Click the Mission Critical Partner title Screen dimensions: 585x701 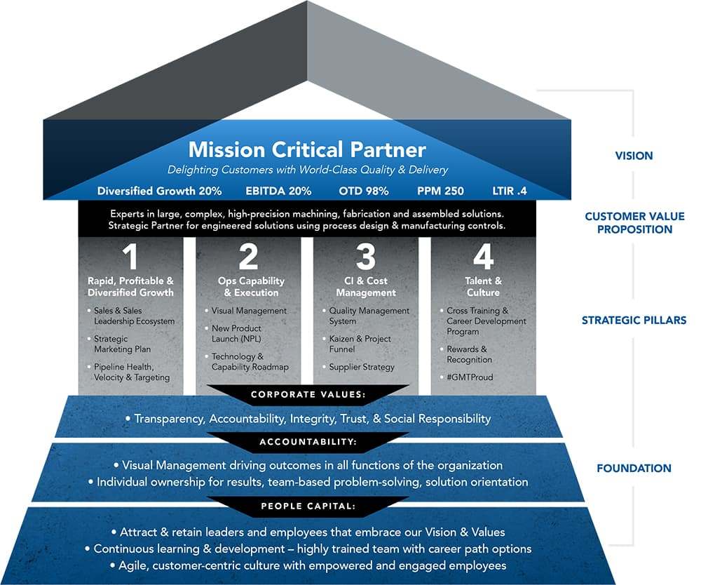click(x=306, y=149)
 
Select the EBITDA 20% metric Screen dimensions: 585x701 click(x=278, y=191)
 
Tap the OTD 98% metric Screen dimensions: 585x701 click(x=365, y=191)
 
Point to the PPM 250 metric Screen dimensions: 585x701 click(x=440, y=191)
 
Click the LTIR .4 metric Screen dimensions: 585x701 click(x=513, y=191)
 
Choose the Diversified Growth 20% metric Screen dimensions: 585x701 click(x=160, y=191)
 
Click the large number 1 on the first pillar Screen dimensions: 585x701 click(x=130, y=257)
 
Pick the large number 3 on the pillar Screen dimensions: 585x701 click(x=365, y=257)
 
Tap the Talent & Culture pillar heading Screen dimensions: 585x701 click(x=483, y=286)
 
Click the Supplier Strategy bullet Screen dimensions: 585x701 click(x=362, y=367)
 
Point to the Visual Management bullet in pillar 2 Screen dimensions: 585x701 click(x=249, y=311)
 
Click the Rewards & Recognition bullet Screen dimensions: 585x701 click(x=470, y=354)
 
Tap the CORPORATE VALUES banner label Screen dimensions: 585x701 click(x=309, y=395)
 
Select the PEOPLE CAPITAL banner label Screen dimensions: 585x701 click(x=308, y=506)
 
